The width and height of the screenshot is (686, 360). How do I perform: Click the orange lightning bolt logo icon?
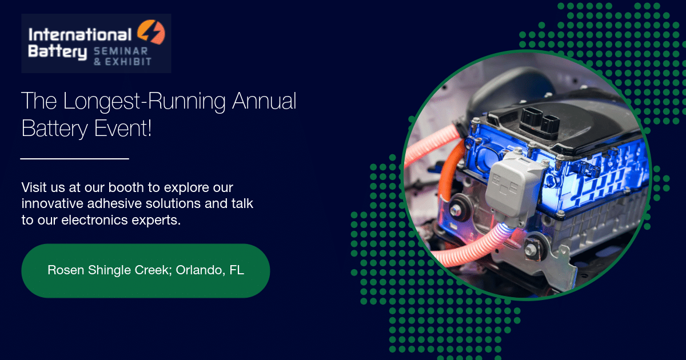151,32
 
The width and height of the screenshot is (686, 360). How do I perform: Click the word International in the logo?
80,35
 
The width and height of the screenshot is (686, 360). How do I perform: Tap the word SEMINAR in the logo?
121,51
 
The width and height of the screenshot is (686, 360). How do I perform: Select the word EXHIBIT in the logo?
128,62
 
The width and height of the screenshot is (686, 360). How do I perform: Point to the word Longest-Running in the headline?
144,101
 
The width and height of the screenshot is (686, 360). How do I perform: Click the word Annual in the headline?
264,101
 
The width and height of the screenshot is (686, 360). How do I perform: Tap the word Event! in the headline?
122,128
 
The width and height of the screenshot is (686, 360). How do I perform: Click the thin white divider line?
74,159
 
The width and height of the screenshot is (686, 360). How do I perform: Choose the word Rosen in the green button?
66,270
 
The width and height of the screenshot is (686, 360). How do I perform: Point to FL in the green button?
237,270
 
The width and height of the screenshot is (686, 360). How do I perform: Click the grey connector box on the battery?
512,187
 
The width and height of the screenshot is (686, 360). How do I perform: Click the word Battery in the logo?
58,52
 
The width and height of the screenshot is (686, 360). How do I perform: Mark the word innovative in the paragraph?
52,203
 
